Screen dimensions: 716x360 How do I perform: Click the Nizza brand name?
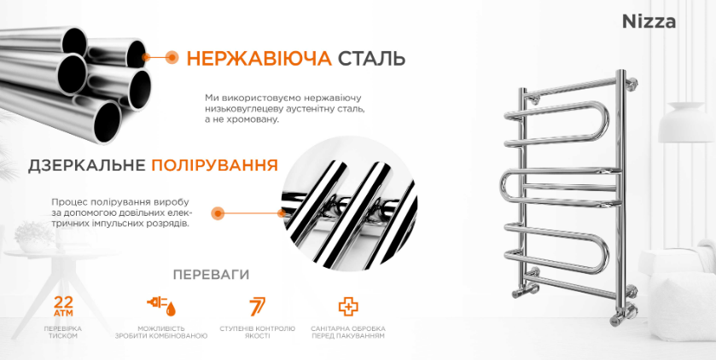pyautogui.click(x=649, y=22)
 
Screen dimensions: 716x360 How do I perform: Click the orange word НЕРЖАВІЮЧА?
pyautogui.click(x=259, y=59)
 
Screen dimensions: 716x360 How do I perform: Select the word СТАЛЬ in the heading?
pyautogui.click(x=371, y=59)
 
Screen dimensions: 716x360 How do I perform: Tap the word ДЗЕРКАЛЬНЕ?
pyautogui.click(x=87, y=165)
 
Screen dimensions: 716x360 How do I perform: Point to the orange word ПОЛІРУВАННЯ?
pyautogui.click(x=214, y=165)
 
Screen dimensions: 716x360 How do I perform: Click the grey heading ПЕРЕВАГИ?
pyautogui.click(x=211, y=275)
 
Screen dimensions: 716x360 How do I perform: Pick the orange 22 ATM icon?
pyautogui.click(x=63, y=305)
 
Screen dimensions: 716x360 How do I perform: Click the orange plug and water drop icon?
pyautogui.click(x=161, y=305)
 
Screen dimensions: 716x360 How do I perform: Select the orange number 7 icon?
pyautogui.click(x=257, y=306)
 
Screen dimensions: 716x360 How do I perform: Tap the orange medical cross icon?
pyautogui.click(x=348, y=306)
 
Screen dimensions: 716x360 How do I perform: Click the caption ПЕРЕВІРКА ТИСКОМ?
pyautogui.click(x=63, y=332)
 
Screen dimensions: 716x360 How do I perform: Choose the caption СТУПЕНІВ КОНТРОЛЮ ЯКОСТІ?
pyautogui.click(x=257, y=332)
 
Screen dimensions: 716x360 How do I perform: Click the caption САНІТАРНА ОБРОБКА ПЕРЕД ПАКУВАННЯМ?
pyautogui.click(x=348, y=332)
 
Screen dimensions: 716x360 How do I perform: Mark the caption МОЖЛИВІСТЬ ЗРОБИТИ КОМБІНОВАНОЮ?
pyautogui.click(x=161, y=332)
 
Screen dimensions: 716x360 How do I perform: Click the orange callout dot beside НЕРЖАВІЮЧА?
pyautogui.click(x=172, y=57)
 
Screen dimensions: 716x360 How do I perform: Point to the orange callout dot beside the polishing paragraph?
pyautogui.click(x=218, y=213)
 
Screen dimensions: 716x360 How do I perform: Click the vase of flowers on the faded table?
pyautogui.click(x=32, y=237)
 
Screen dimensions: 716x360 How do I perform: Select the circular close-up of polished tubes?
pyautogui.click(x=348, y=204)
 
